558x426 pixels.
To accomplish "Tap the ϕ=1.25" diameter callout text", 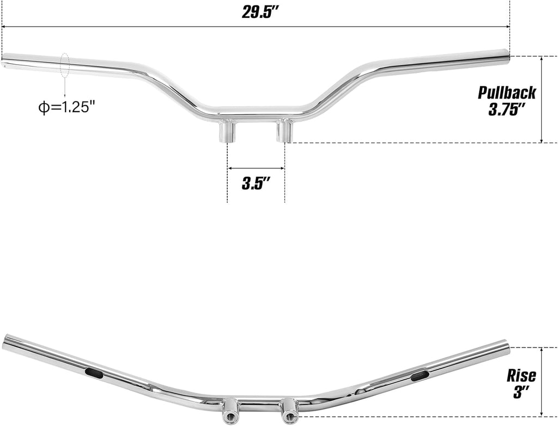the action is (x=67, y=107).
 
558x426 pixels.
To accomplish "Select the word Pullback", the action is (x=506, y=93).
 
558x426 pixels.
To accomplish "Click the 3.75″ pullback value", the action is (x=506, y=109).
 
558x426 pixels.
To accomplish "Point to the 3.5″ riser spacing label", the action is (x=256, y=184).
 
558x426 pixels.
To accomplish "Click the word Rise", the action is (x=521, y=376).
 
